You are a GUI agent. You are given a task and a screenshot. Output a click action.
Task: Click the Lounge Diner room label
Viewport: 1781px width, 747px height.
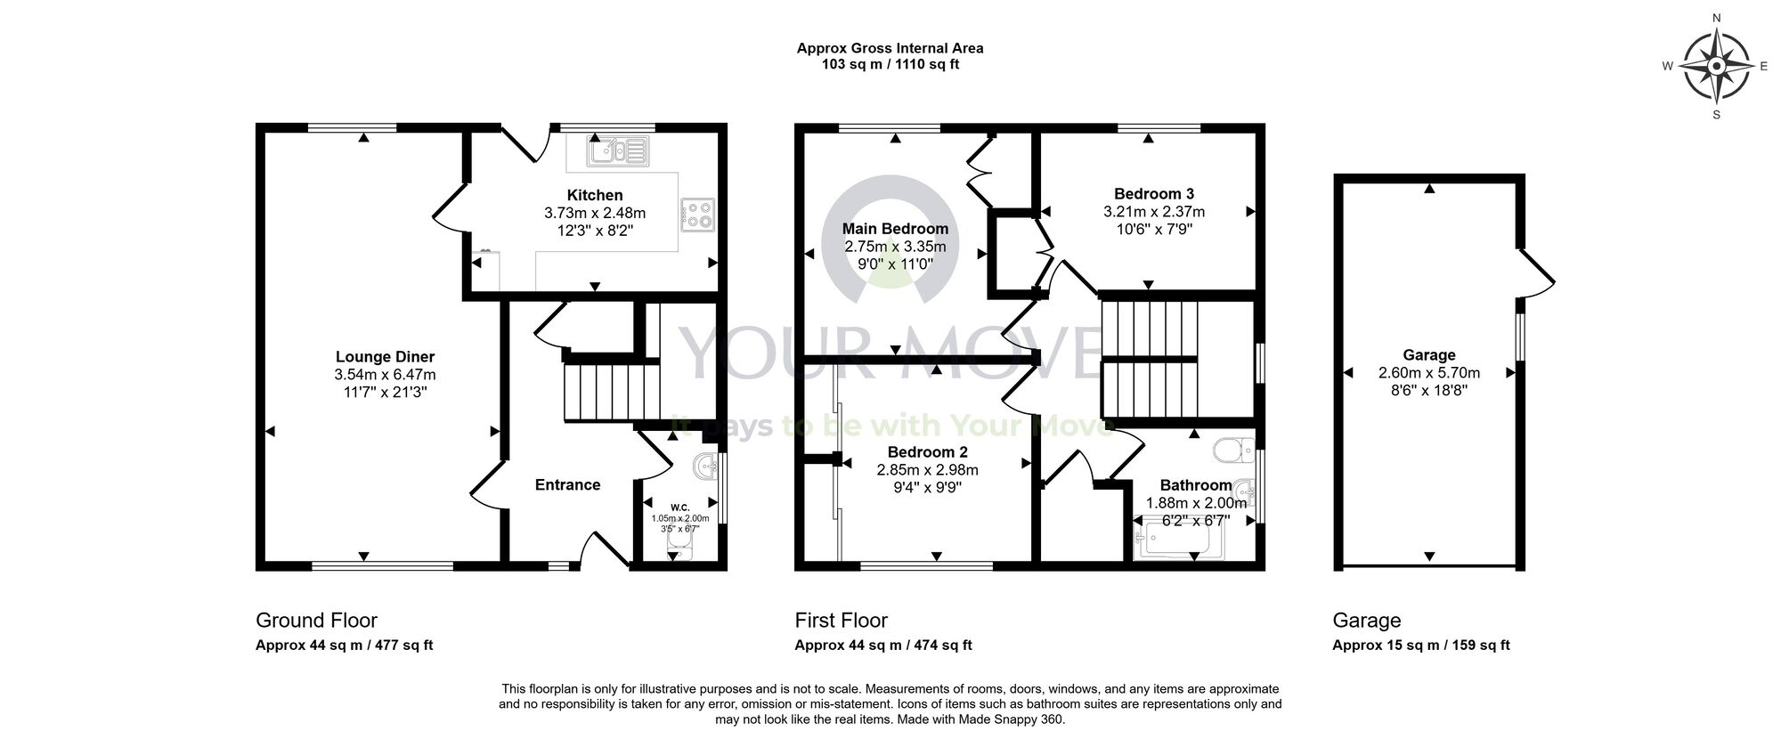[385, 357]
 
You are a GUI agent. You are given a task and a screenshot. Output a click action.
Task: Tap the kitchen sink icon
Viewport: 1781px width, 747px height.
[615, 151]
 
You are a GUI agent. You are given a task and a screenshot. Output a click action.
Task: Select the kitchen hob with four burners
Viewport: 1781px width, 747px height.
[698, 214]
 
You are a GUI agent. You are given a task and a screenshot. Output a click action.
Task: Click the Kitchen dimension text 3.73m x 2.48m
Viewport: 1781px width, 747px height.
[595, 214]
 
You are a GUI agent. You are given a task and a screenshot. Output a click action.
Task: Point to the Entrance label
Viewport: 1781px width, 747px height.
[567, 485]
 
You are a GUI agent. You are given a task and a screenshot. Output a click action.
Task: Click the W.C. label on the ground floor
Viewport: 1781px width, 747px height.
[679, 507]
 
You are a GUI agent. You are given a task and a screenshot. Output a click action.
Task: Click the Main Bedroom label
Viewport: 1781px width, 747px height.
[895, 229]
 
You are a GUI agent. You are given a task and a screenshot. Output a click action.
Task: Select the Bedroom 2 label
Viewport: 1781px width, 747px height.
[927, 452]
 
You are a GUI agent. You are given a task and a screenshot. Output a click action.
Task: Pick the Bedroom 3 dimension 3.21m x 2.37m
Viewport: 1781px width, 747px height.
[1153, 212]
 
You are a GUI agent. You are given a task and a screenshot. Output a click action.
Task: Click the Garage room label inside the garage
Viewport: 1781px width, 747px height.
[1428, 355]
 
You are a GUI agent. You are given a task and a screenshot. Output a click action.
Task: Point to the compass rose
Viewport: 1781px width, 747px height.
[1717, 66]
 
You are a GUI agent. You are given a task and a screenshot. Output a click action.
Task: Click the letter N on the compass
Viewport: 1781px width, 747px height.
[1717, 18]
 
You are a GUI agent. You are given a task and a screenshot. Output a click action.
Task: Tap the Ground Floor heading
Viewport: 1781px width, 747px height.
[316, 621]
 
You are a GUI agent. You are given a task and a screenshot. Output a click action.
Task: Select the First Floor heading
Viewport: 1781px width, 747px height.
[841, 621]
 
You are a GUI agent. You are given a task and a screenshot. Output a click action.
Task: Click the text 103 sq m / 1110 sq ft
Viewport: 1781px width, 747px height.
[890, 64]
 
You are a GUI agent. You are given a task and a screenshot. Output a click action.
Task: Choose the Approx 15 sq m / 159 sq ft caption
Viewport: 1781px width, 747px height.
[1420, 646]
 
